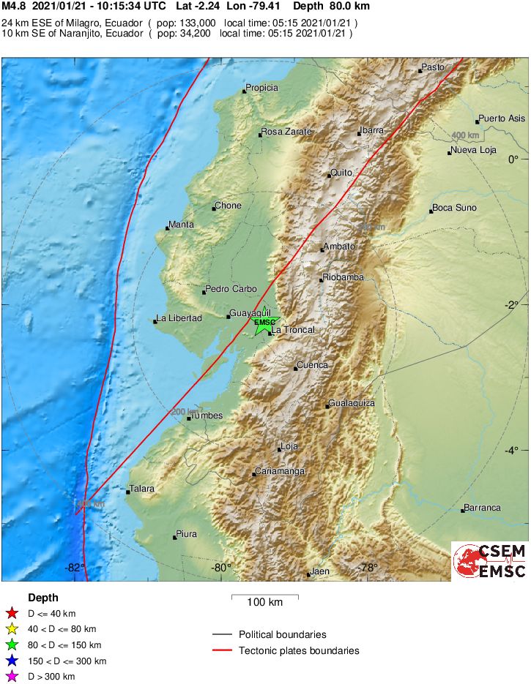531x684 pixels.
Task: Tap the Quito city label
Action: coord(341,173)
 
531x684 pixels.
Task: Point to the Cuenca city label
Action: coord(312,365)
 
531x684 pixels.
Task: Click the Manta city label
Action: coord(181,225)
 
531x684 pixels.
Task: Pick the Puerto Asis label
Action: coord(502,119)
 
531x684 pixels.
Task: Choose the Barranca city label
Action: coord(482,508)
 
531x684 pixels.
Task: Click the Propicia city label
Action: coord(261,88)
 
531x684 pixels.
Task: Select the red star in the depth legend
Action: coord(12,614)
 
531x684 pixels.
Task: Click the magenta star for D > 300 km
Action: coord(12,677)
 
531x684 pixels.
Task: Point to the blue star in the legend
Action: coord(12,661)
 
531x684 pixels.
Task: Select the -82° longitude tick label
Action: coord(74,568)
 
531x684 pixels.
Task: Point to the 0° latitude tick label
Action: coord(514,159)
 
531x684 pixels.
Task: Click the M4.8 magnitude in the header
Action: coord(14,6)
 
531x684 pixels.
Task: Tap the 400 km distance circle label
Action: coord(465,136)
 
